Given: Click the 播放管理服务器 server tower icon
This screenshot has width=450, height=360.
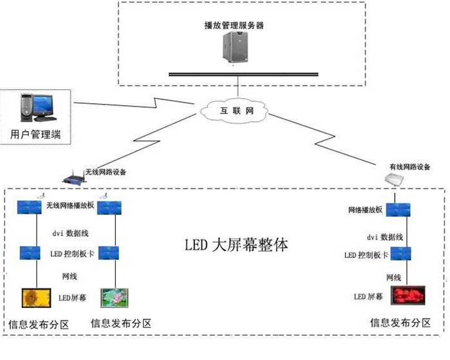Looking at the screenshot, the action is click(x=236, y=47).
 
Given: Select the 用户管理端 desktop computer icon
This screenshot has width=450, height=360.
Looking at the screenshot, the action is click(x=37, y=108).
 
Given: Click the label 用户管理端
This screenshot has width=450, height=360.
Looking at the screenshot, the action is click(x=35, y=134).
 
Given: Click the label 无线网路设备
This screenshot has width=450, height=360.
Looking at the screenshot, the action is click(x=106, y=172).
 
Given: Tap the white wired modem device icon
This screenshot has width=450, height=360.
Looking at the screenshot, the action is click(x=394, y=180).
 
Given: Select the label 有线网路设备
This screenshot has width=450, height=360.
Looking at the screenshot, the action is click(x=410, y=167).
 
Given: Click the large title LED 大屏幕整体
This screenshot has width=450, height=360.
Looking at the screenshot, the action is click(x=236, y=245).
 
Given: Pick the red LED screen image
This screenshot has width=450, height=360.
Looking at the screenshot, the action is click(x=408, y=295).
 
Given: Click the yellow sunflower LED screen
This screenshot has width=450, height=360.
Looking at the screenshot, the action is click(x=37, y=298).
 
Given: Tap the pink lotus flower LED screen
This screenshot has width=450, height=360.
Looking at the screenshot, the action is click(x=114, y=298).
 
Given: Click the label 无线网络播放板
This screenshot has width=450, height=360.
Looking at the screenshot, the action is click(x=71, y=205).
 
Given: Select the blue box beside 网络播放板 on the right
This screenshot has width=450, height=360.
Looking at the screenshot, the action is click(x=398, y=210).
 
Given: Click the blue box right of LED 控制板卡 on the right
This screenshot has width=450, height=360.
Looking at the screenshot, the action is click(x=401, y=253).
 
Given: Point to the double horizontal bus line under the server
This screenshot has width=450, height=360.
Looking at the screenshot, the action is click(x=243, y=74).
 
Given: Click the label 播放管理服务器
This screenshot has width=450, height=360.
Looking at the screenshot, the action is click(x=234, y=25).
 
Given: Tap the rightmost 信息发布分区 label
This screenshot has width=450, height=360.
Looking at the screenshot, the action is click(x=401, y=323).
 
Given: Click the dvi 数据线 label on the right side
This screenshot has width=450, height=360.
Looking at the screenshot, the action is click(x=385, y=237).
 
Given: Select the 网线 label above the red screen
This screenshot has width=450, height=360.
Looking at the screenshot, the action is click(x=394, y=277).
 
